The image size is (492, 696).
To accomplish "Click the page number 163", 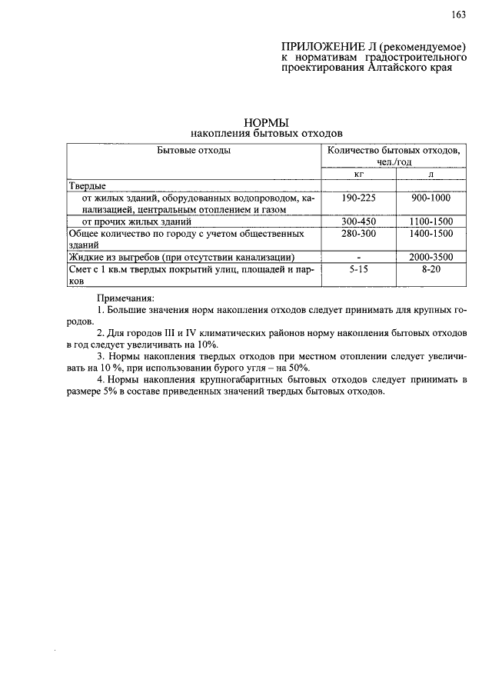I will pos(459,15).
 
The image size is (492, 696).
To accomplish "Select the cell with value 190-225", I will pos(357,198).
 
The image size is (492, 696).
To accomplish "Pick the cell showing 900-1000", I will pos(430,198).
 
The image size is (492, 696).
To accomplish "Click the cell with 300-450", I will pos(357,221).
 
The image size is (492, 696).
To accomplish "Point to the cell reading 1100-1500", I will pos(430,221).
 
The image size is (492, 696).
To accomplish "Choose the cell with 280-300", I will pos(357,232).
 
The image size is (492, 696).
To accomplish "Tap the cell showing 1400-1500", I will pos(430,232).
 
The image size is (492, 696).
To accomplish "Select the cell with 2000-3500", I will pos(430,257).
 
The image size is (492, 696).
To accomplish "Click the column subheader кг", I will pos(357,175).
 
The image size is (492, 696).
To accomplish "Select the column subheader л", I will pos(430,175).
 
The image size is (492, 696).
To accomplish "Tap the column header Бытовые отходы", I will pos(194,151).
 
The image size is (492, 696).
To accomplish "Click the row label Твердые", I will pos(87,186).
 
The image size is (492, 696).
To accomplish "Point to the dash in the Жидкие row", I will pos(357,257).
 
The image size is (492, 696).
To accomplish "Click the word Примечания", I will pos(125,298).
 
